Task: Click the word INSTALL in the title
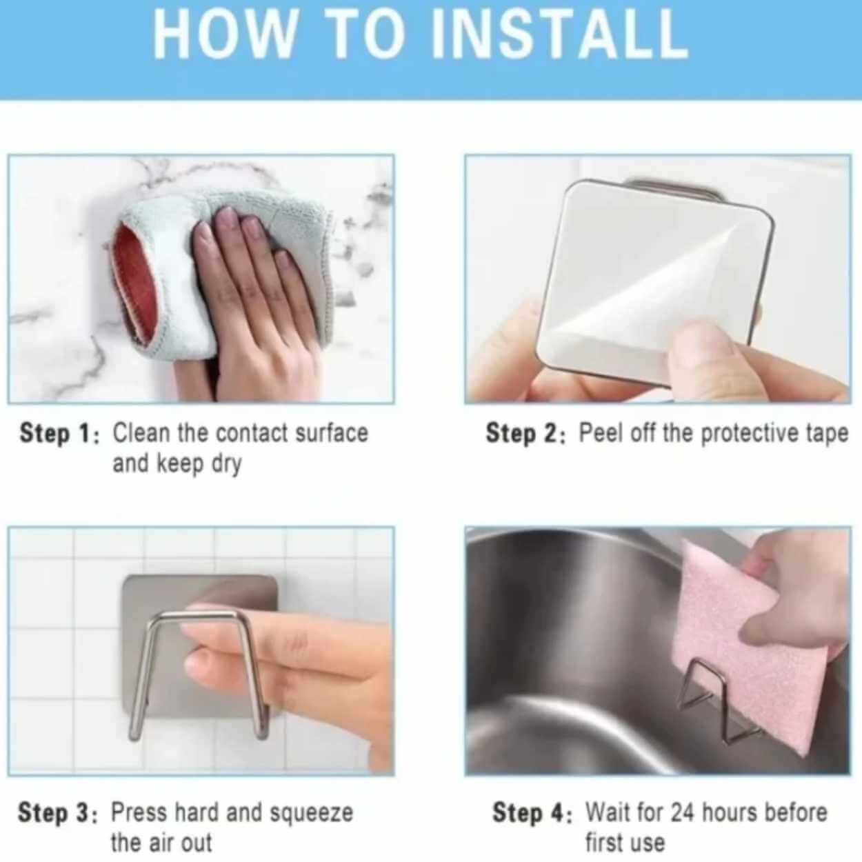click(x=561, y=34)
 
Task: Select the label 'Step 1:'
click(x=58, y=434)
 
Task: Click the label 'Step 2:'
click(x=525, y=434)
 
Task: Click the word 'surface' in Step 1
click(x=332, y=433)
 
